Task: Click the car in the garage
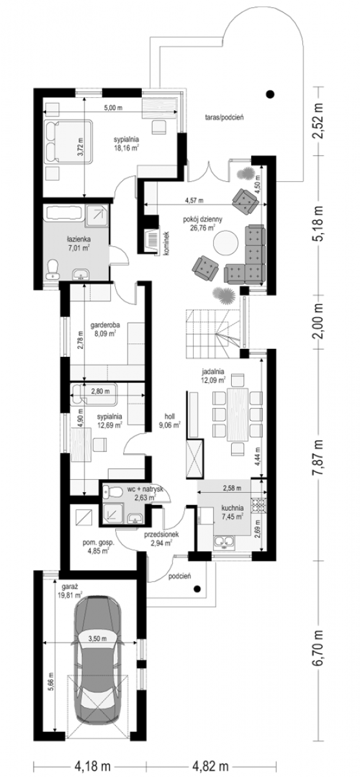[x=98, y=667]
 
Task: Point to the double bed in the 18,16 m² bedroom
[x=68, y=141]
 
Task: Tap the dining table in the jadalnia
[x=237, y=414]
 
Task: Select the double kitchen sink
[x=225, y=541]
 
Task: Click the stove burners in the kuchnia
[x=260, y=506]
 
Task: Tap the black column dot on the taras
[x=271, y=93]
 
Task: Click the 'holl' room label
[x=170, y=416]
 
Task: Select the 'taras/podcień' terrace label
[x=224, y=117]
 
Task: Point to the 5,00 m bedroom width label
[x=114, y=108]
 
